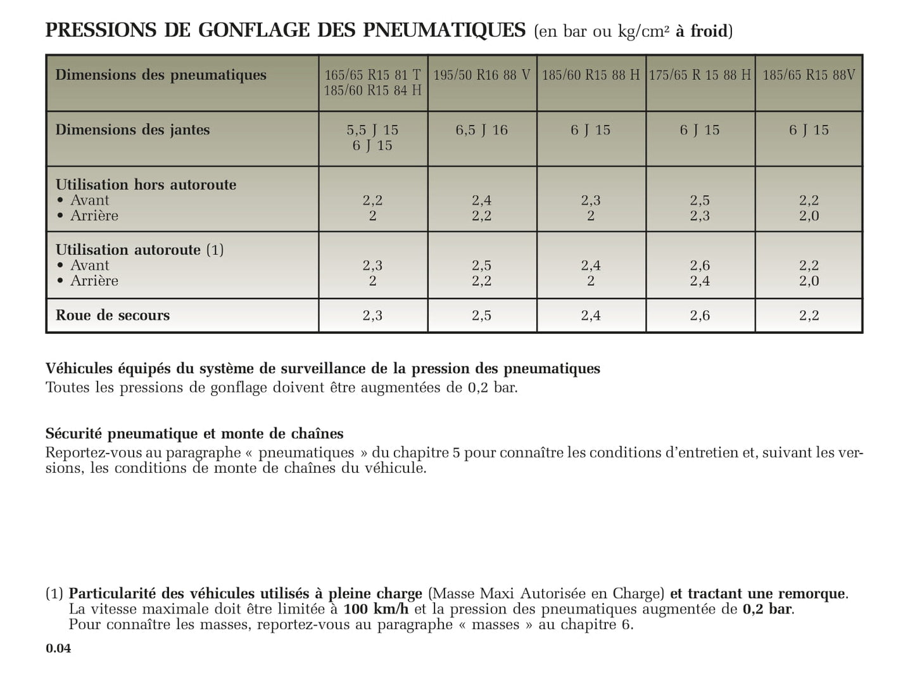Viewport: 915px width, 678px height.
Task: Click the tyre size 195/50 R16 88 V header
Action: (482, 75)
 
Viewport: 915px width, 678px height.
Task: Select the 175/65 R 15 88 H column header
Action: (700, 75)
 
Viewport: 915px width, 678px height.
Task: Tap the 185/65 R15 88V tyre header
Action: (809, 75)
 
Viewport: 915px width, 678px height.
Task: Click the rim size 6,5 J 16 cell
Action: (482, 131)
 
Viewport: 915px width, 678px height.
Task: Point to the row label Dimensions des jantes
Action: (132, 130)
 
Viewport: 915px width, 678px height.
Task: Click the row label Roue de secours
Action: (113, 316)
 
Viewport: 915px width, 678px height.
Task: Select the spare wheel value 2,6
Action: (700, 316)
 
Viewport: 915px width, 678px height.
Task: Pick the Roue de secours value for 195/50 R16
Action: (482, 316)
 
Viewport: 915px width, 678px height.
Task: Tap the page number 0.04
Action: (58, 648)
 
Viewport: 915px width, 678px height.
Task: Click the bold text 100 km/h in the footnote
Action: (376, 610)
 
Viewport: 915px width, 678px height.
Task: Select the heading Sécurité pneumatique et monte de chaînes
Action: (194, 434)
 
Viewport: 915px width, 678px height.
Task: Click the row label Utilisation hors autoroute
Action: (146, 185)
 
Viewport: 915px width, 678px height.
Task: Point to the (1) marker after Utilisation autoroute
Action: (215, 250)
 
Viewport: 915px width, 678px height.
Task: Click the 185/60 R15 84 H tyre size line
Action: (372, 91)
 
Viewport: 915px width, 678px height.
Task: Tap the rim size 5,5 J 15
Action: (372, 131)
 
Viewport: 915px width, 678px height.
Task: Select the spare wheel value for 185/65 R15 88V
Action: (809, 316)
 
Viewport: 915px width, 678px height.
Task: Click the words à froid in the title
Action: (701, 31)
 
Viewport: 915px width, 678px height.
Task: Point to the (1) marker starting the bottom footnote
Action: (54, 594)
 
